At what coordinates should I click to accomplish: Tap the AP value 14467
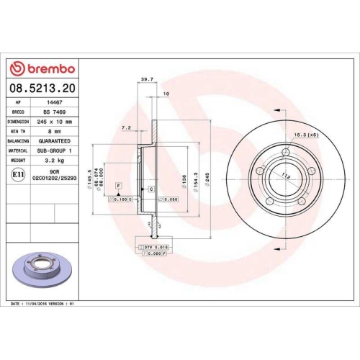pyautogui.click(x=53, y=103)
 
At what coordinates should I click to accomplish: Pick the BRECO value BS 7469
pyautogui.click(x=53, y=112)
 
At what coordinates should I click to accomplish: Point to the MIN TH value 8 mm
pyautogui.click(x=53, y=131)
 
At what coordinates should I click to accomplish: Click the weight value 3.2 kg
pyautogui.click(x=53, y=160)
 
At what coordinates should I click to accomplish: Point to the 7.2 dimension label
pyautogui.click(x=126, y=127)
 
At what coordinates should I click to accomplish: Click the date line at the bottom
pyautogui.click(x=42, y=305)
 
